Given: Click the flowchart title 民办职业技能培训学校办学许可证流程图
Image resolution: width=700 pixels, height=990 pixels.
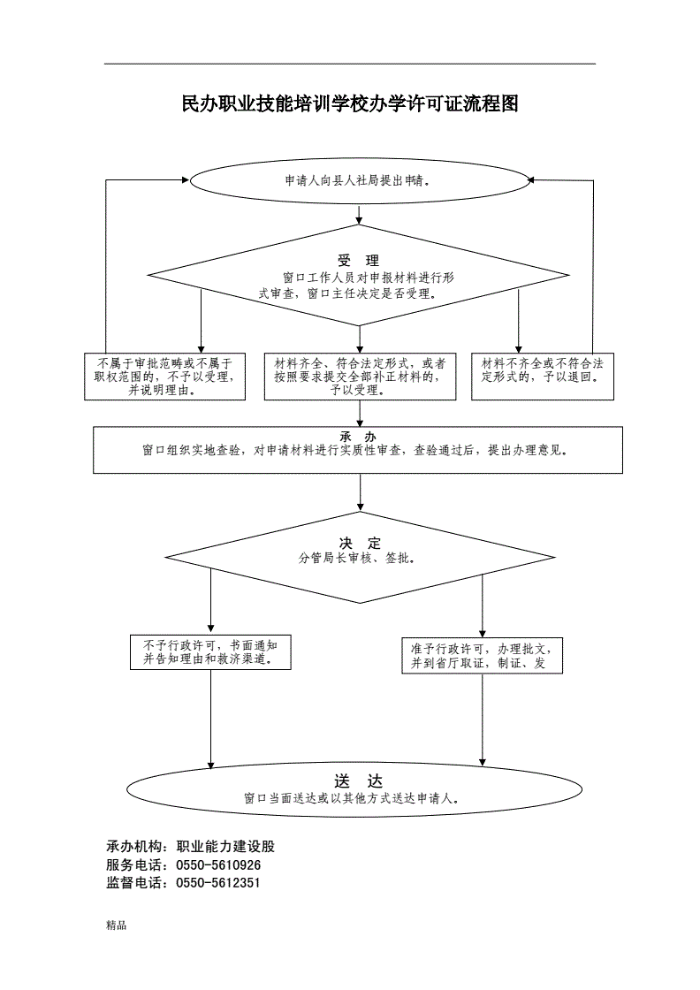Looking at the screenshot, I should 349,104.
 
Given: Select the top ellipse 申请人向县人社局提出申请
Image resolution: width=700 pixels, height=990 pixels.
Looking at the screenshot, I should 358,180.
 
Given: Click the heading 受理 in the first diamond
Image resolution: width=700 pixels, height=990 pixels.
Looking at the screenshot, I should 358,261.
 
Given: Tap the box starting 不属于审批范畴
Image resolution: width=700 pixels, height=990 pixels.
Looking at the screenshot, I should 165,377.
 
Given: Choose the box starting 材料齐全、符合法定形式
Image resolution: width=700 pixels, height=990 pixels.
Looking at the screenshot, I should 359,377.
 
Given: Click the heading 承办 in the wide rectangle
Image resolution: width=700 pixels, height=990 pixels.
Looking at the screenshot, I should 358,437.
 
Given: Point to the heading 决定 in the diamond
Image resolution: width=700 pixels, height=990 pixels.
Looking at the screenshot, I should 359,543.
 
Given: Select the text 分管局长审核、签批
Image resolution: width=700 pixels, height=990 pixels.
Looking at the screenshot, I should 358,559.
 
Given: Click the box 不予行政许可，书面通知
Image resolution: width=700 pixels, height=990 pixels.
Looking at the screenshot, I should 210,652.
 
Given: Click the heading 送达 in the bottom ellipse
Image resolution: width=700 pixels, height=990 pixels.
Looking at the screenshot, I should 358,781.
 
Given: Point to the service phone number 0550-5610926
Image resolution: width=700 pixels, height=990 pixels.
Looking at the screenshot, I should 218,865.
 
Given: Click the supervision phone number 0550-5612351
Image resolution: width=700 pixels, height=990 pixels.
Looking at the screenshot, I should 218,883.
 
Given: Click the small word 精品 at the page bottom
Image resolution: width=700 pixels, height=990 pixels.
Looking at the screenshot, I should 116,925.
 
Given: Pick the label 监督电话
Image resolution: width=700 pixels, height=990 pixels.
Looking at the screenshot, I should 138,883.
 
